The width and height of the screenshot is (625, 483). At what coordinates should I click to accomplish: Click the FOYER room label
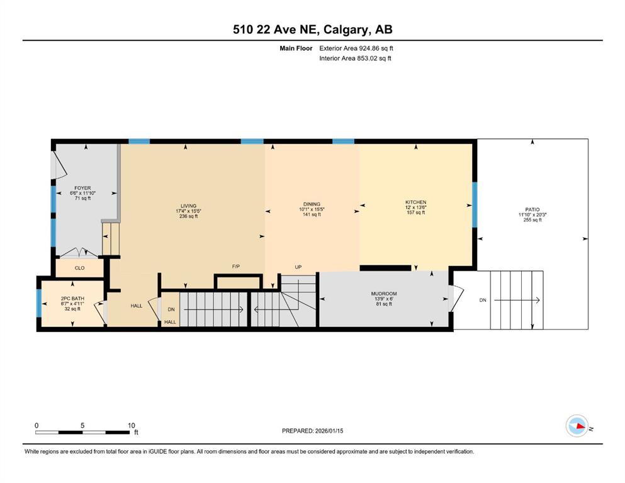82,188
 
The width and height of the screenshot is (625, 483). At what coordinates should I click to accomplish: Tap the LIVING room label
188,206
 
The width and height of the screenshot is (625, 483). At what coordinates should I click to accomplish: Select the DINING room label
312,204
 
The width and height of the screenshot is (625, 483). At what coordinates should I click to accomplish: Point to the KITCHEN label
415,203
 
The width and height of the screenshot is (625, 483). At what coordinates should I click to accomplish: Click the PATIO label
529,209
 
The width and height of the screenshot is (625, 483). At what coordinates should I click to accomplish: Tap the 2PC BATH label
72,299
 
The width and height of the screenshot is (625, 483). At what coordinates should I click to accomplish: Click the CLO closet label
79,268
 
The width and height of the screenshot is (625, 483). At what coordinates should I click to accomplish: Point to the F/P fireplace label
236,267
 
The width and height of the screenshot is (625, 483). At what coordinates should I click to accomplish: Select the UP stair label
298,267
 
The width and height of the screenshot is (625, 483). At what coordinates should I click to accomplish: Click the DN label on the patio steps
483,301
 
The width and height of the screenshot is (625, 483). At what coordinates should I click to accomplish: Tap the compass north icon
577,426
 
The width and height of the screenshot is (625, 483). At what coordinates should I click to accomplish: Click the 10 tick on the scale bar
132,425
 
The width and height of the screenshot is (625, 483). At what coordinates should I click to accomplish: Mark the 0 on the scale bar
37,425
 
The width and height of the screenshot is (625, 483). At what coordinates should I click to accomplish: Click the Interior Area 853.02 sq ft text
356,58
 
